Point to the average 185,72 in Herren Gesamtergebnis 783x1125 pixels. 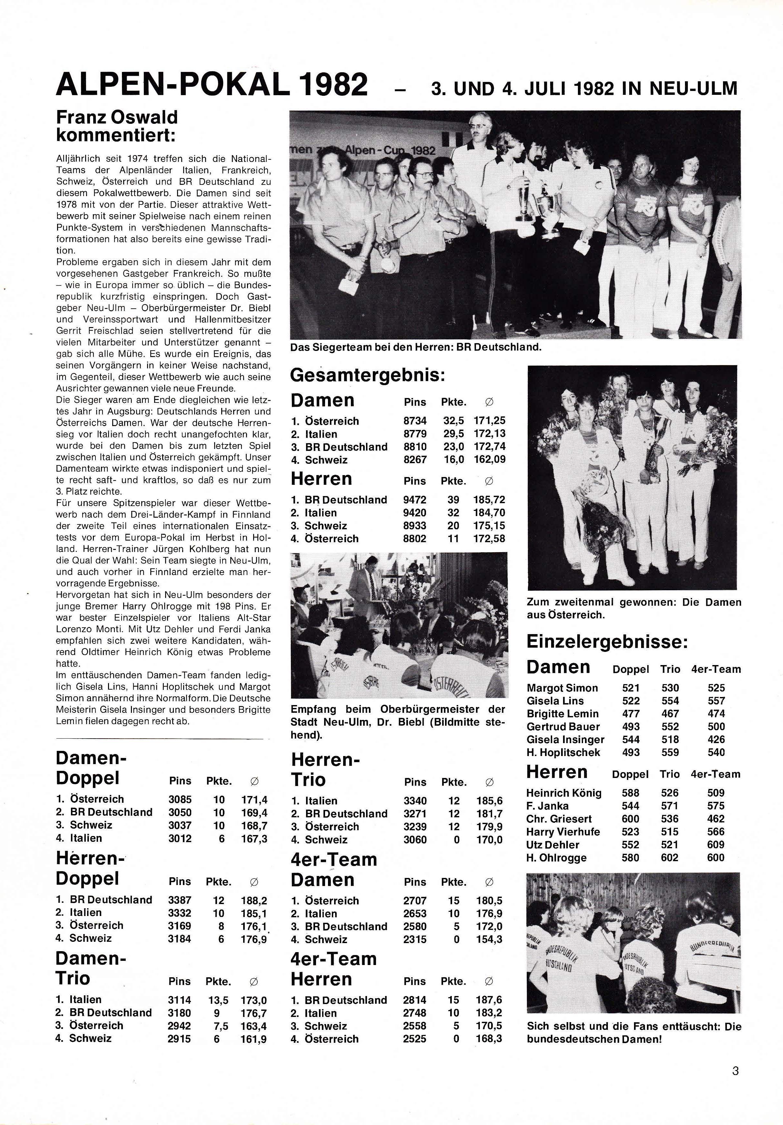point(489,500)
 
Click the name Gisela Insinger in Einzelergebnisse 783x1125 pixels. point(565,739)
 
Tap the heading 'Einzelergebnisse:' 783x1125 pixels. point(607,642)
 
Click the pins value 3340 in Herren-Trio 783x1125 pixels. point(415,801)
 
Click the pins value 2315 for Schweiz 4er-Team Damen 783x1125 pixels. point(415,939)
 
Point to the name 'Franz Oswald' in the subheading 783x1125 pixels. point(117,118)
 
